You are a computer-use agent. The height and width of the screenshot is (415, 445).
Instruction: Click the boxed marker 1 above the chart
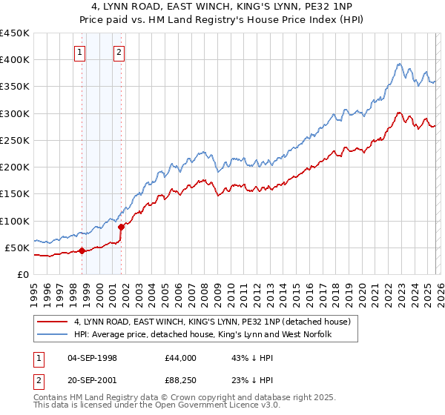(x=79, y=52)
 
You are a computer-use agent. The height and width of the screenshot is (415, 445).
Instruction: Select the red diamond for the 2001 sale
(x=121, y=227)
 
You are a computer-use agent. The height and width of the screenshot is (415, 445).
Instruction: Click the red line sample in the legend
(x=53, y=322)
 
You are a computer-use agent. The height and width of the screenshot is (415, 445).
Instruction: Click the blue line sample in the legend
(x=53, y=334)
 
